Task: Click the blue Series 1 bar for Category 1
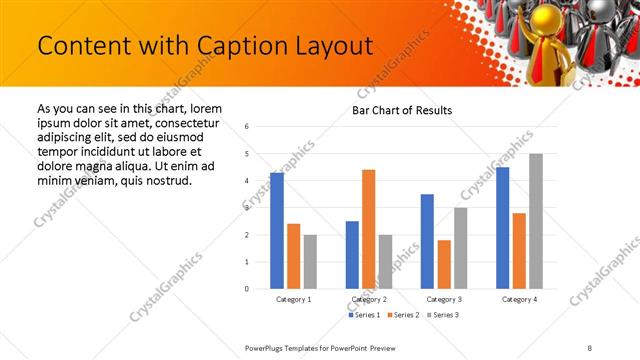pyautogui.click(x=277, y=231)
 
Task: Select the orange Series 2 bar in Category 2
pyautogui.click(x=368, y=229)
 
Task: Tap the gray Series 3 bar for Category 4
pyautogui.click(x=536, y=221)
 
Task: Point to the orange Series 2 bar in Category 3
pyautogui.click(x=444, y=264)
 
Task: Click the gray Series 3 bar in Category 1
pyautogui.click(x=310, y=261)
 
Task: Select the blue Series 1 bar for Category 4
pyautogui.click(x=502, y=228)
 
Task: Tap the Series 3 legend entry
pyautogui.click(x=443, y=315)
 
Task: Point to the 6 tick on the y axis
pyautogui.click(x=246, y=126)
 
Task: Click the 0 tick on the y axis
pyautogui.click(x=246, y=289)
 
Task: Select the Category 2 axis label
pyautogui.click(x=369, y=299)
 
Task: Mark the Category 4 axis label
pyautogui.click(x=519, y=299)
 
